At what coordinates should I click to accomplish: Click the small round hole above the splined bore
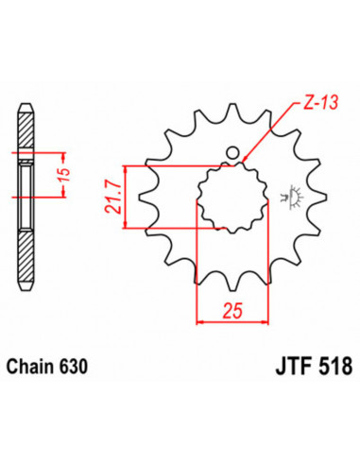231,152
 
